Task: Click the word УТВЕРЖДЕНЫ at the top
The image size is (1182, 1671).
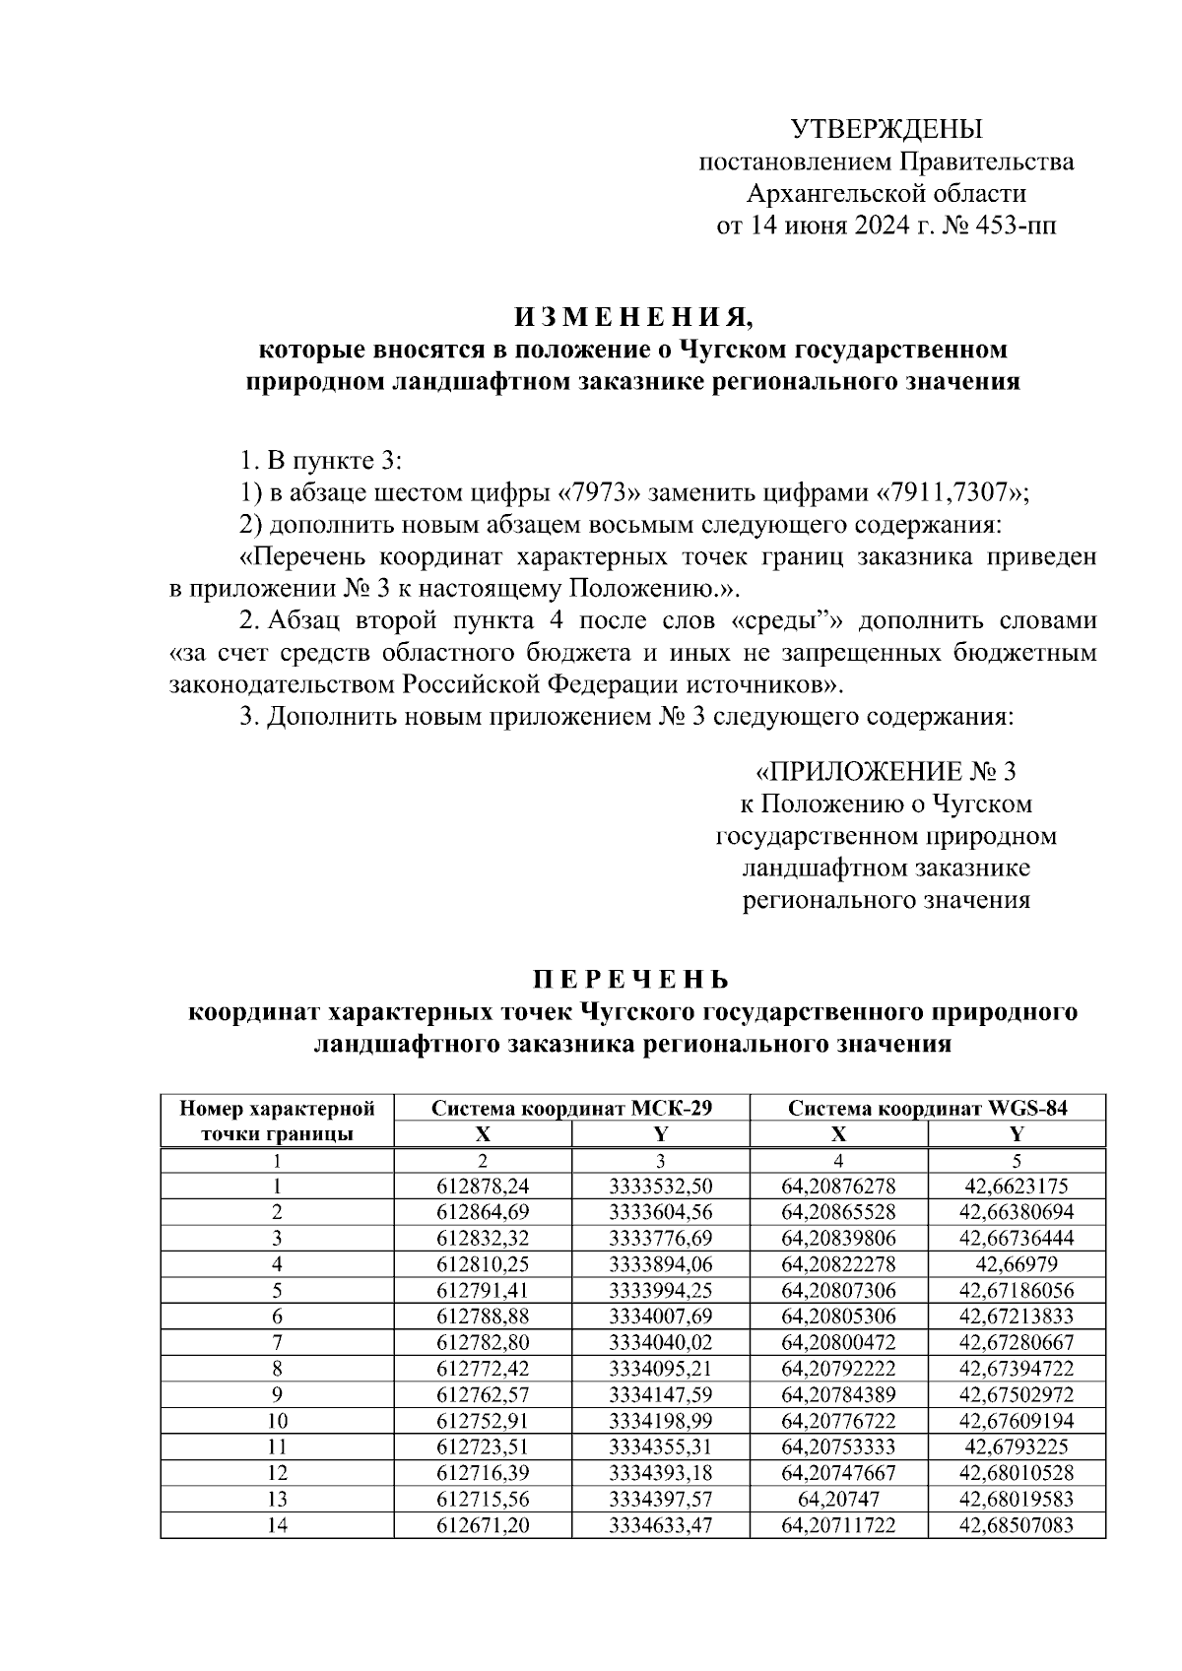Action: [x=886, y=129]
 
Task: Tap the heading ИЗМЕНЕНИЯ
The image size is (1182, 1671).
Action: [x=631, y=318]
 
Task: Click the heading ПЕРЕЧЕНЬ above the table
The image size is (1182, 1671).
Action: [x=631, y=980]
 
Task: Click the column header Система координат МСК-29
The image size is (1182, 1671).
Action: [x=571, y=1108]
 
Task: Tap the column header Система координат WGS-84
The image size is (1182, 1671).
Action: [x=927, y=1108]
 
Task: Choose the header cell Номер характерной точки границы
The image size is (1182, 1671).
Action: [x=277, y=1121]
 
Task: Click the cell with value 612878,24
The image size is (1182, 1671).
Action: [x=483, y=1187]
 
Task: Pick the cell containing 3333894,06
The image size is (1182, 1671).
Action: [x=660, y=1263]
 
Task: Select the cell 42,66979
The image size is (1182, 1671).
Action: [x=1016, y=1263]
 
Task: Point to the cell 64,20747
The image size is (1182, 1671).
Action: [x=838, y=1500]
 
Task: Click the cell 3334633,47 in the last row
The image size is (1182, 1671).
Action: [x=660, y=1525]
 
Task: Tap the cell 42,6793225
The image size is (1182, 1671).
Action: [x=1016, y=1447]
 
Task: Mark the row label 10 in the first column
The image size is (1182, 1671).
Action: [x=277, y=1421]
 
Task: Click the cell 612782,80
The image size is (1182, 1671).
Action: [x=483, y=1342]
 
